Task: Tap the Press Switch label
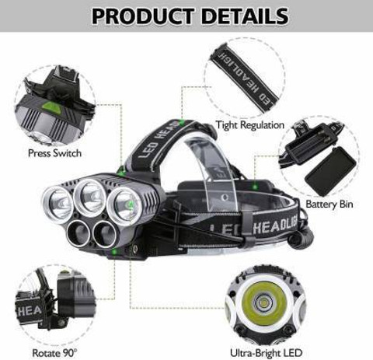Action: pos(54,153)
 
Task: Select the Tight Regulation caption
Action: pos(250,124)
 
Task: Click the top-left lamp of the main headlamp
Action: pos(58,202)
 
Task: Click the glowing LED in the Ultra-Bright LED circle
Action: pos(260,301)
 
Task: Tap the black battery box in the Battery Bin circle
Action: pos(329,170)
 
